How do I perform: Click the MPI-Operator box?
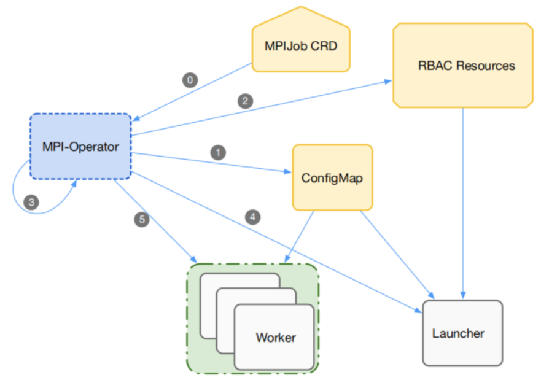click(x=80, y=147)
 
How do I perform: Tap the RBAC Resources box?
click(x=462, y=66)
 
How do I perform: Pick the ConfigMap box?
click(x=332, y=178)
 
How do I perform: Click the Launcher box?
click(x=462, y=333)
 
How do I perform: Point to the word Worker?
click(x=276, y=337)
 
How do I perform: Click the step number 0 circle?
click(x=190, y=80)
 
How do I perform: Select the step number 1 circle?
click(x=217, y=151)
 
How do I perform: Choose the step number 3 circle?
click(x=31, y=201)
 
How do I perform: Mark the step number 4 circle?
click(x=252, y=216)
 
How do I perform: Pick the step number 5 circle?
click(x=142, y=219)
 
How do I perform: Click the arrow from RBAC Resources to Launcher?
click(x=462, y=203)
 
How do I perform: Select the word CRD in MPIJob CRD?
click(x=325, y=46)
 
